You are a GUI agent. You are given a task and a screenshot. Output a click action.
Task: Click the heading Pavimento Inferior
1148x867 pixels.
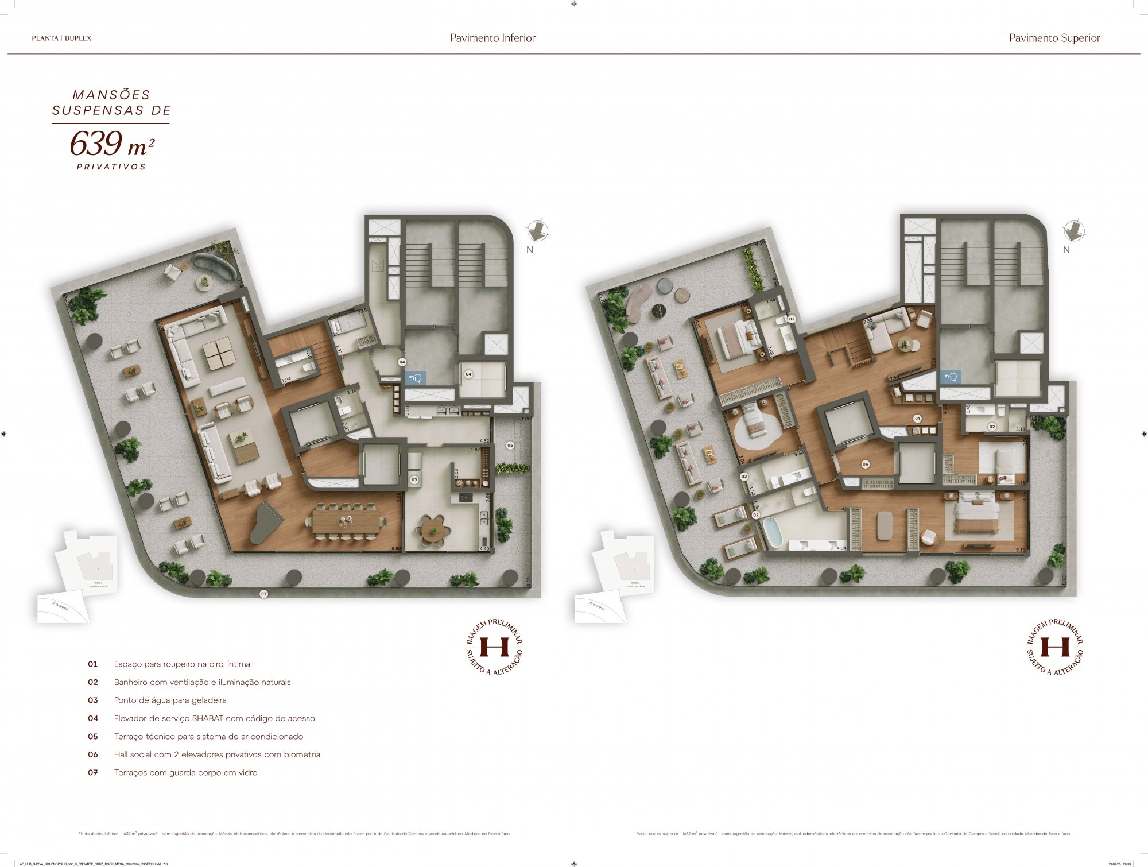pos(492,38)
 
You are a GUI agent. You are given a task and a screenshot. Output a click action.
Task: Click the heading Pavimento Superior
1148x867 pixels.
pos(1054,38)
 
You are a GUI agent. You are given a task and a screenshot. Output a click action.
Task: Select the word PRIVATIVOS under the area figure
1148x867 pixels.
pos(111,167)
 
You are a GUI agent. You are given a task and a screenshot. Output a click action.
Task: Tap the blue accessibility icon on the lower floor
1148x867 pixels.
pos(414,378)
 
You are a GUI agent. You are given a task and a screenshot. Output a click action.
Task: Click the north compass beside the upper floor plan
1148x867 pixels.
pos(1073,231)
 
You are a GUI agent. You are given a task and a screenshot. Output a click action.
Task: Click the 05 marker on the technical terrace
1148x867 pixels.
pos(510,445)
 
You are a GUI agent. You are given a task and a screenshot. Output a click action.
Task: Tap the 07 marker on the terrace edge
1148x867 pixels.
pos(264,594)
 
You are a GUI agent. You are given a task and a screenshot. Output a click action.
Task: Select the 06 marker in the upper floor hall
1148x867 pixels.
pos(865,464)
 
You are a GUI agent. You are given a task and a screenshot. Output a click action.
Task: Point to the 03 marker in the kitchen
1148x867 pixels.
pos(414,479)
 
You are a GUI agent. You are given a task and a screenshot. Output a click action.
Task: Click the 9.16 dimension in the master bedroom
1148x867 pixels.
pos(1019,550)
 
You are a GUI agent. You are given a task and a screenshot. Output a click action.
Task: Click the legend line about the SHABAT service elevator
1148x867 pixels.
pos(214,718)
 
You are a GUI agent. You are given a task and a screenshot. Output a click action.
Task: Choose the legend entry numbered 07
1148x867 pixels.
pos(185,772)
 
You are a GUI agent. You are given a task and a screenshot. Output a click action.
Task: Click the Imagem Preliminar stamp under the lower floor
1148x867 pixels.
pos(494,647)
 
